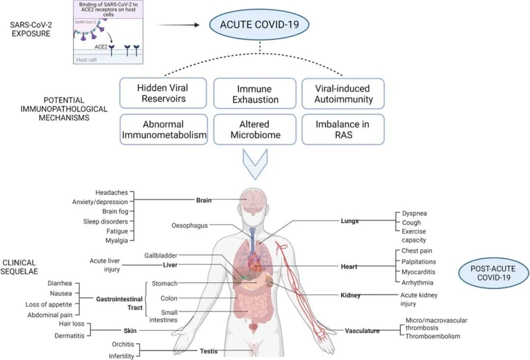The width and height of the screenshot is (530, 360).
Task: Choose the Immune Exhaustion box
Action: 255,94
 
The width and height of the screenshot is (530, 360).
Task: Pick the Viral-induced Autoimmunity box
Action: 343,94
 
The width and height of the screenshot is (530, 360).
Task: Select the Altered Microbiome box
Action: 255,129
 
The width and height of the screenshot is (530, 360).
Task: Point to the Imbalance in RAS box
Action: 343,129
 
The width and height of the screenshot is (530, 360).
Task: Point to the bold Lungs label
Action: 349,221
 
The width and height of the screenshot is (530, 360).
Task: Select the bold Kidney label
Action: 350,295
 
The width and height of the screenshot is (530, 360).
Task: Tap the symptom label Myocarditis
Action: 419,272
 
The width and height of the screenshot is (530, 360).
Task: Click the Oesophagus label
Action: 189,226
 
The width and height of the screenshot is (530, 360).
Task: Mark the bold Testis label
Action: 209,351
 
